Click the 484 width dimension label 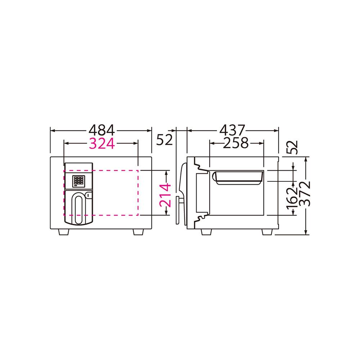(102, 130)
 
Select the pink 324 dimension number (102, 144)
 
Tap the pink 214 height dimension (165, 195)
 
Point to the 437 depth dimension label (233, 130)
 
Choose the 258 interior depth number (236, 143)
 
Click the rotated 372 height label (305, 194)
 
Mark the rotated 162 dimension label (292, 199)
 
